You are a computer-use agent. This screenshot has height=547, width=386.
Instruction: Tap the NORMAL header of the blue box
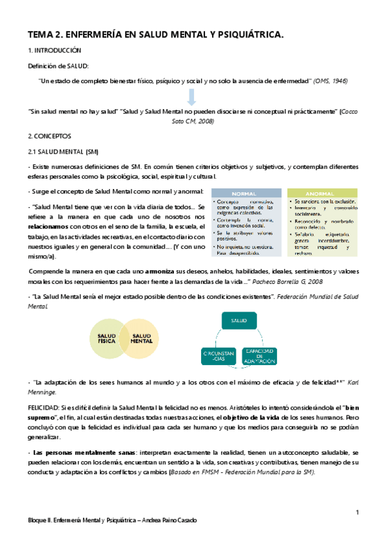[246, 193]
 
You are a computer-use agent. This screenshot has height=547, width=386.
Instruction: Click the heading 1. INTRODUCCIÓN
[54, 50]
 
